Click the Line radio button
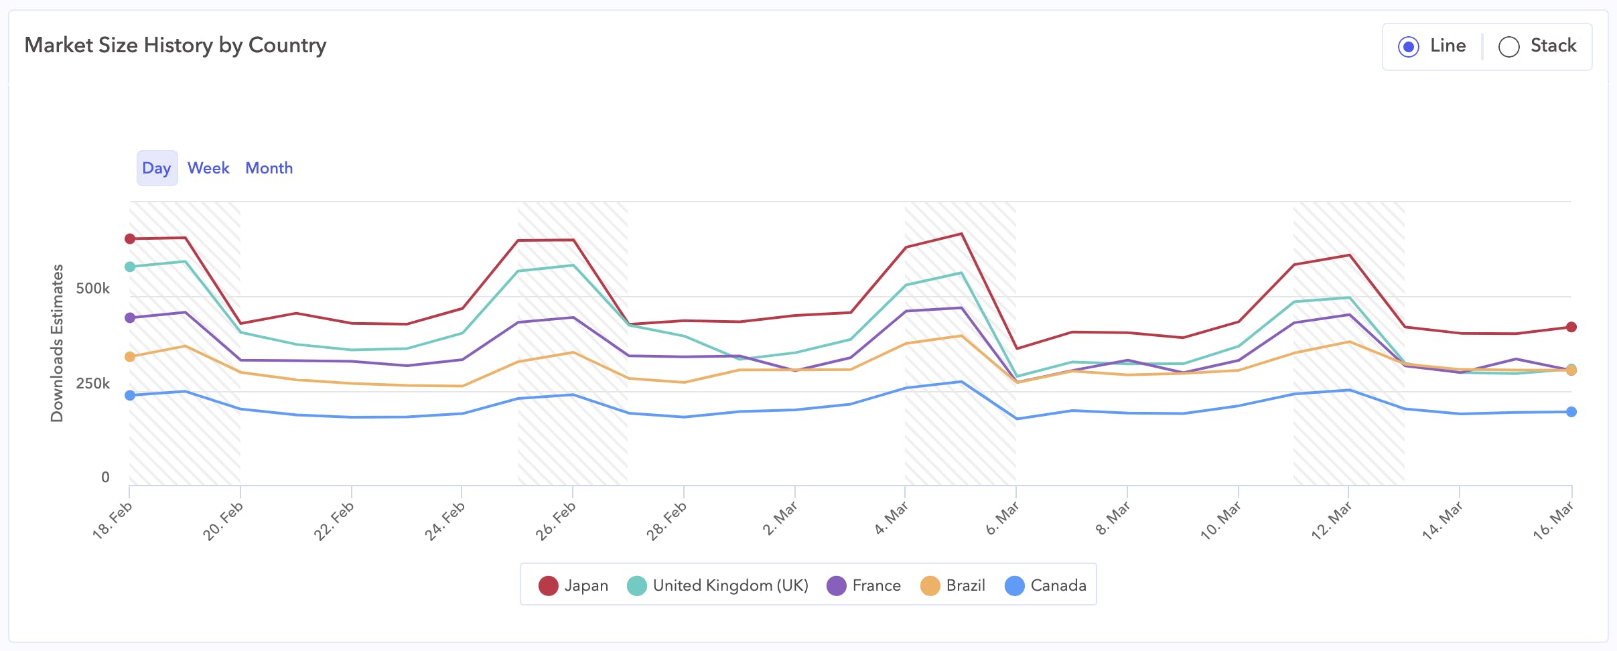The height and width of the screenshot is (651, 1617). (1409, 47)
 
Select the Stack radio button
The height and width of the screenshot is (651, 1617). (1508, 47)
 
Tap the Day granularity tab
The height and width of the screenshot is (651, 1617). (157, 168)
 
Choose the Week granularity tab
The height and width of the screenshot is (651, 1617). (208, 168)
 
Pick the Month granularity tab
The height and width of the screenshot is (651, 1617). (269, 168)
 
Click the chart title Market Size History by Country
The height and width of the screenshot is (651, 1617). (175, 46)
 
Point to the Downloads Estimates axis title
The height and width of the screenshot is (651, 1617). (58, 343)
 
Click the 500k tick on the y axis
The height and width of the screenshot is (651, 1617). (92, 289)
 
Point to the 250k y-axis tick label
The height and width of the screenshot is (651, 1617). (92, 384)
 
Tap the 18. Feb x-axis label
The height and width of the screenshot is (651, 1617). (113, 520)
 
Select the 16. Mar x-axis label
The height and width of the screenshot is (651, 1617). (1553, 520)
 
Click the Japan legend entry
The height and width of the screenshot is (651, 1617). (574, 585)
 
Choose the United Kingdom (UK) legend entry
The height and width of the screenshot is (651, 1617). (718, 585)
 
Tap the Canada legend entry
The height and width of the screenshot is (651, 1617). (1046, 585)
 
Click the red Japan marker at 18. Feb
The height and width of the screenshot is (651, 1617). (130, 239)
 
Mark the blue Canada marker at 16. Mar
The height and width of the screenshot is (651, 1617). (1571, 412)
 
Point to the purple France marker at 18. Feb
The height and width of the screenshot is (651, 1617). (130, 317)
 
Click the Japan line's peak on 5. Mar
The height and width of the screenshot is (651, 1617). (962, 234)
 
